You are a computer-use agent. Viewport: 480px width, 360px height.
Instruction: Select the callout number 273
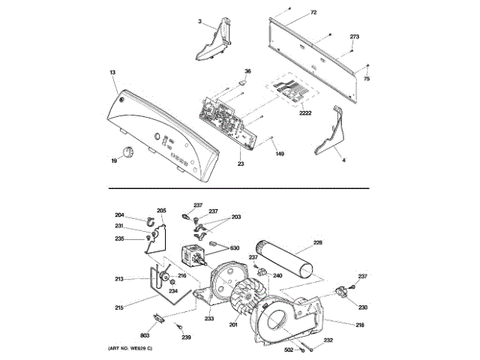coord(355,37)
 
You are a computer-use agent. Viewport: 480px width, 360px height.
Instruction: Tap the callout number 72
coord(313,13)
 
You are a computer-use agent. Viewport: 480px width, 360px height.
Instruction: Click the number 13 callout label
coord(112,73)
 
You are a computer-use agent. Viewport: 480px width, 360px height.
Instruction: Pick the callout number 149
coord(279,154)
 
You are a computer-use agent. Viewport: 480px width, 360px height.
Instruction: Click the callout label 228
coord(317,242)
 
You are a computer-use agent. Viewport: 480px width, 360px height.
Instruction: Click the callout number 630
coord(234,248)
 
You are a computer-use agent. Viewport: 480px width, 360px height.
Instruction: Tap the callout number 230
coord(362,307)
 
